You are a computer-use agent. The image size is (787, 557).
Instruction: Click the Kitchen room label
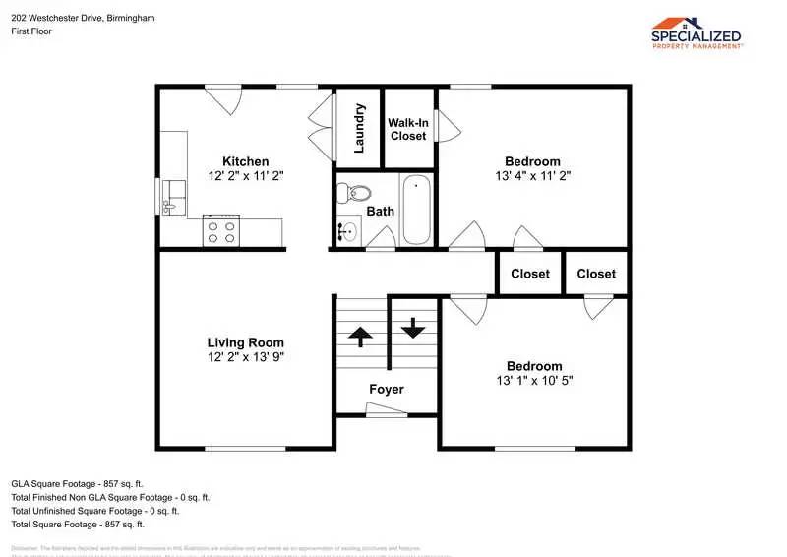coord(245,161)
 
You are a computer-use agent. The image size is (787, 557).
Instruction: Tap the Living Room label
coord(245,342)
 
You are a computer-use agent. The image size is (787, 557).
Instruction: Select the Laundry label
coord(360,128)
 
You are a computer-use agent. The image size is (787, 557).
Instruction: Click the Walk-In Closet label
coord(407,129)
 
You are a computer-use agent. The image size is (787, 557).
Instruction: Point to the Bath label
coord(381,211)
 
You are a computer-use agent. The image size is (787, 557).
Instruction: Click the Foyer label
coord(387,389)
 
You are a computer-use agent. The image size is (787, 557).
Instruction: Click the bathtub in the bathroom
coord(416,210)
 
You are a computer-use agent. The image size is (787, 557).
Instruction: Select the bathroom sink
coord(346,232)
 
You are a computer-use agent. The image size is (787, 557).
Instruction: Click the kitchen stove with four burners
coord(220,232)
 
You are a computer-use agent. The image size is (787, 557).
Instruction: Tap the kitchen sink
coord(173,197)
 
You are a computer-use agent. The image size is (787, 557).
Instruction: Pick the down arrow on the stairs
coord(412,327)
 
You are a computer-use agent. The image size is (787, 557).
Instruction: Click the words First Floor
coord(31,31)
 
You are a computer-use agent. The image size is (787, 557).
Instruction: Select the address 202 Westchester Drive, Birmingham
coord(83,18)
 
